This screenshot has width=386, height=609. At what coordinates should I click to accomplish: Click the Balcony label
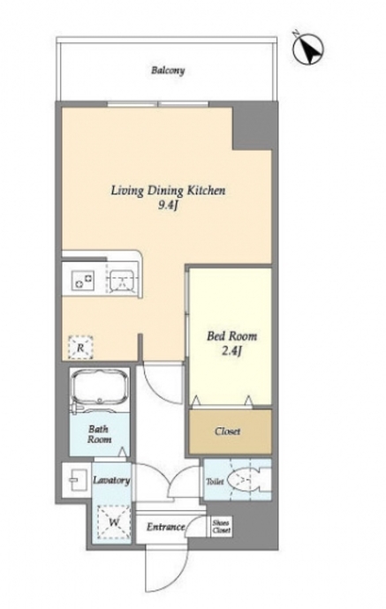click(x=168, y=71)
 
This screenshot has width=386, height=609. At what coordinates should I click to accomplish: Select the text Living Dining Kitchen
click(x=169, y=191)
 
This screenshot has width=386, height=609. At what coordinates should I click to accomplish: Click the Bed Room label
click(x=231, y=336)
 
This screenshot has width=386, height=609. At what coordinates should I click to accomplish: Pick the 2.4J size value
click(x=232, y=351)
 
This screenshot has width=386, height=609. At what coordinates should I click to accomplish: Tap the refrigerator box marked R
click(x=80, y=347)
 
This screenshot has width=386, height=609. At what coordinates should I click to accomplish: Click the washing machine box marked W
click(x=114, y=522)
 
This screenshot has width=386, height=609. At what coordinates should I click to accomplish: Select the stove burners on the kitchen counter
click(x=83, y=280)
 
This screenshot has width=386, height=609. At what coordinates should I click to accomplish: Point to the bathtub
click(x=100, y=388)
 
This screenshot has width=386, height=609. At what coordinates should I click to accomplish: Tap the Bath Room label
click(x=99, y=434)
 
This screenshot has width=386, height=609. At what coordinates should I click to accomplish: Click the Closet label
click(x=228, y=432)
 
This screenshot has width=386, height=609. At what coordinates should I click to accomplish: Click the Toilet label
click(x=215, y=482)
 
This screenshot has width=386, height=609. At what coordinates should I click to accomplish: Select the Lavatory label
click(x=111, y=480)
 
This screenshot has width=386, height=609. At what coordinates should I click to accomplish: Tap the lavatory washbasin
click(x=78, y=480)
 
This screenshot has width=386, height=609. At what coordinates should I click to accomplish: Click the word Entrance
click(x=165, y=527)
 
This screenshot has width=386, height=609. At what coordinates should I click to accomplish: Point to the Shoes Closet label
click(x=222, y=526)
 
